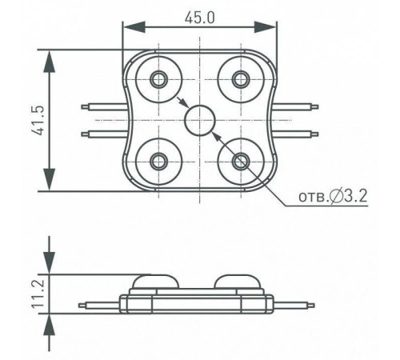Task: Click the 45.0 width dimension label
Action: (x=199, y=18)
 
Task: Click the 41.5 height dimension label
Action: (x=37, y=121)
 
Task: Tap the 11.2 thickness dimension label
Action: (x=38, y=294)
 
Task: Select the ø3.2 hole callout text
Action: (x=333, y=196)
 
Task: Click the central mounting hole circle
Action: (x=200, y=120)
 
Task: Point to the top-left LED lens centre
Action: (x=158, y=79)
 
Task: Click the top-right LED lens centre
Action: (x=241, y=79)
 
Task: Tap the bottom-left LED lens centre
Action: (x=158, y=162)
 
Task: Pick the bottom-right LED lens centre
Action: (x=241, y=162)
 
